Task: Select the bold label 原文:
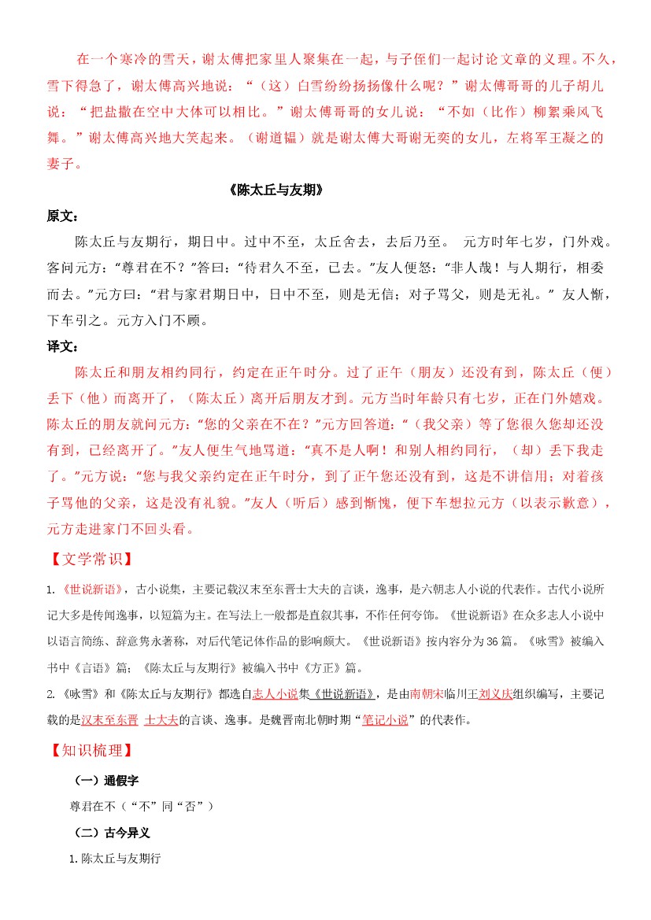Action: tap(62, 216)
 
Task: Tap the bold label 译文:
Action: tap(62, 345)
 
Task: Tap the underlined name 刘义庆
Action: tap(495, 694)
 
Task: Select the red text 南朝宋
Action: tap(426, 694)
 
